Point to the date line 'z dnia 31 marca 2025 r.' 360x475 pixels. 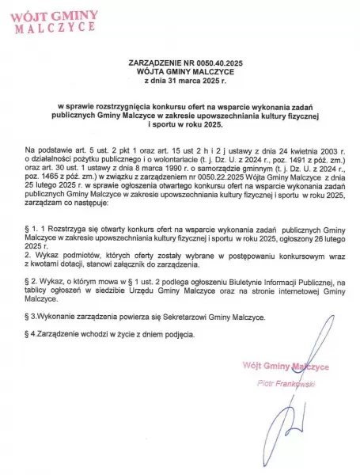[x=180, y=80]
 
